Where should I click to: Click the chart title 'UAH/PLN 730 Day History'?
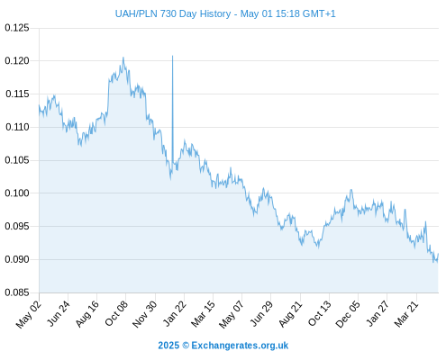click(173, 13)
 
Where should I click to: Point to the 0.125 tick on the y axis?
click(17, 28)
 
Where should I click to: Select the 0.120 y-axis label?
click(17, 61)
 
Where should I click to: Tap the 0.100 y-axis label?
click(17, 193)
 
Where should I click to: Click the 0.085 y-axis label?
click(17, 292)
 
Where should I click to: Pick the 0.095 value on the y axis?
click(17, 226)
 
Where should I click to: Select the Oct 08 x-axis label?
click(116, 313)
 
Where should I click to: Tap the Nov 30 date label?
click(145, 314)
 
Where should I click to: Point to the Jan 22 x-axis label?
click(175, 313)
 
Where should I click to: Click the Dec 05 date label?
click(348, 314)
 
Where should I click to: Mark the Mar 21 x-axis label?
click(406, 313)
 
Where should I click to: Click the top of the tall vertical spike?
click(172, 56)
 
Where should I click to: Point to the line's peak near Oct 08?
click(123, 58)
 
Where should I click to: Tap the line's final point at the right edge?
click(438, 254)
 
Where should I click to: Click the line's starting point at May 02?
click(39, 105)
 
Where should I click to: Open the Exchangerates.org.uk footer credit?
click(240, 346)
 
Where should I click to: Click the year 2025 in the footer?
click(168, 346)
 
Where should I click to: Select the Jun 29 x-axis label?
click(261, 313)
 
